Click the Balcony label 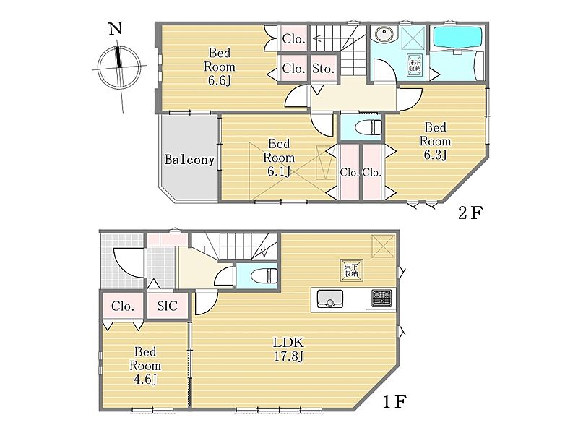(x=189, y=160)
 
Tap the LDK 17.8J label (x=288, y=349)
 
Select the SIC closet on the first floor (x=168, y=306)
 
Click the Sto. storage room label (x=323, y=68)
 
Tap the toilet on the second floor (x=368, y=127)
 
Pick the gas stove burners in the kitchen (x=381, y=298)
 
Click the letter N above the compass (x=116, y=28)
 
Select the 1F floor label (x=394, y=401)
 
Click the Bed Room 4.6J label (x=145, y=366)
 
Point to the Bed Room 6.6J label (x=220, y=67)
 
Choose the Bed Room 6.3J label (x=436, y=141)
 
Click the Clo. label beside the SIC (x=123, y=306)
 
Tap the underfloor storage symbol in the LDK (x=351, y=270)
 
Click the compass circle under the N (x=119, y=67)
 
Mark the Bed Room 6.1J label (x=279, y=158)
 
